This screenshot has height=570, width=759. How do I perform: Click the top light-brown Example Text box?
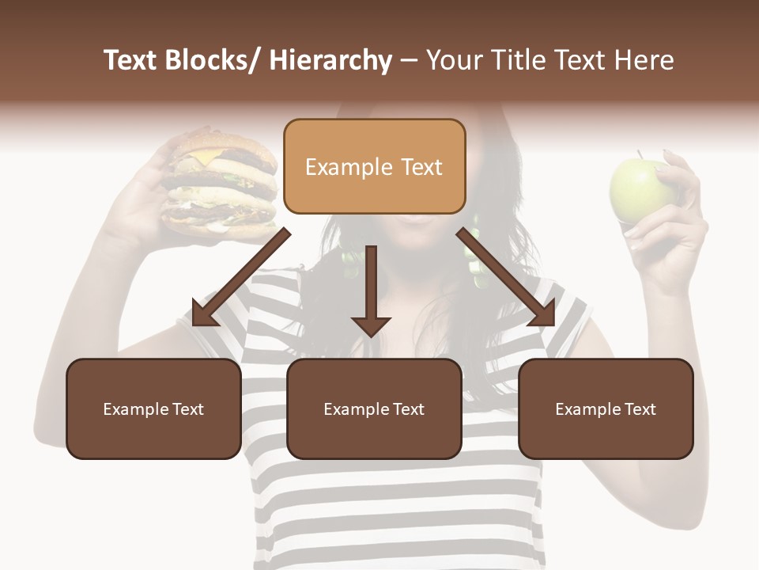click(374, 166)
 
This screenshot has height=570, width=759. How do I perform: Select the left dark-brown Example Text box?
click(153, 408)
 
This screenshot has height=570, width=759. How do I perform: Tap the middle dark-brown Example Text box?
click(374, 408)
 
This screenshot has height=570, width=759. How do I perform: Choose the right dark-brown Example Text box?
click(606, 408)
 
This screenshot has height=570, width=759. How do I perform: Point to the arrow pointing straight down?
click(371, 293)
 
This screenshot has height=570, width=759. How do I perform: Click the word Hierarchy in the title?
click(330, 60)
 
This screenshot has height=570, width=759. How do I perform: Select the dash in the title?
click(409, 60)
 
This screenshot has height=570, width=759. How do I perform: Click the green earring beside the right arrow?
click(474, 253)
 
